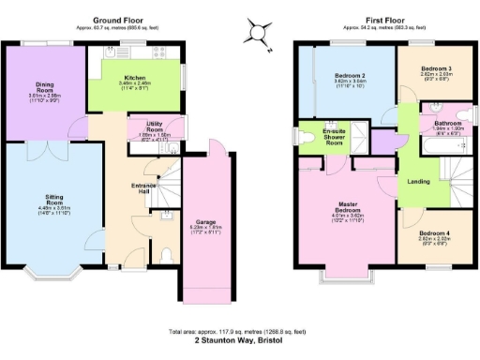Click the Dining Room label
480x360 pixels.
(x=44, y=90)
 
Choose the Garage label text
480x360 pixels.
(x=205, y=222)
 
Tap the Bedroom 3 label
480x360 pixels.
(x=436, y=70)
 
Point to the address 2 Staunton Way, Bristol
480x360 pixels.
(x=241, y=341)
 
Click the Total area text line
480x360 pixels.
(x=241, y=333)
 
